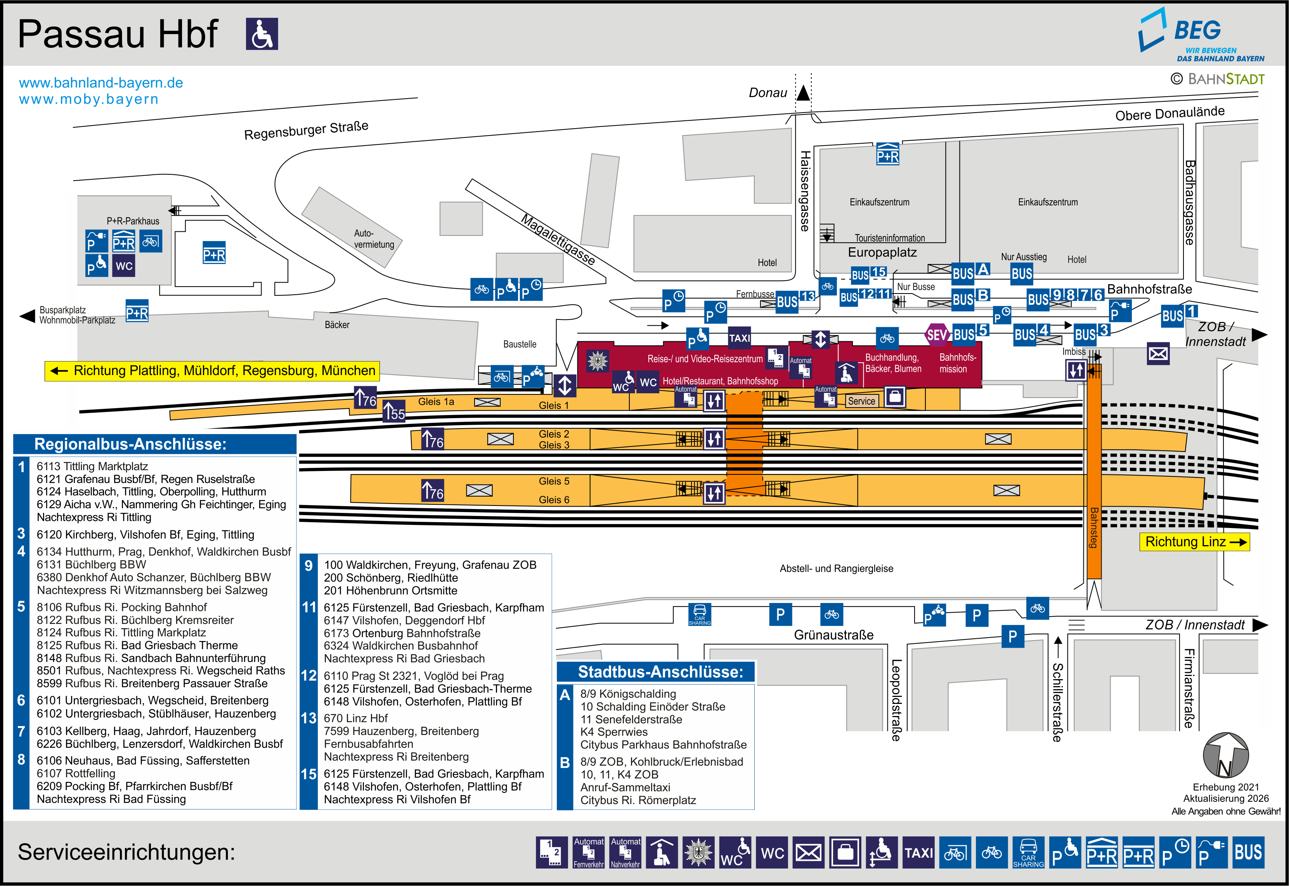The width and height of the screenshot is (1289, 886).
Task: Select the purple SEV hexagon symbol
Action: pyautogui.click(x=936, y=335)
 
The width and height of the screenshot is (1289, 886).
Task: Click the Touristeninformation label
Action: pyautogui.click(x=890, y=238)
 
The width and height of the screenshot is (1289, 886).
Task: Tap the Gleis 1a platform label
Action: pyautogui.click(x=436, y=401)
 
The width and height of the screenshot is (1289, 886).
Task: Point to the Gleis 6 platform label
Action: pyautogui.click(x=554, y=500)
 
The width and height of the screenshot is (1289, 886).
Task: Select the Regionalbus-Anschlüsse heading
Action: pyautogui.click(x=130, y=444)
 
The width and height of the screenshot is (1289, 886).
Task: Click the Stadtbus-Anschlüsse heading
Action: pyautogui.click(x=660, y=672)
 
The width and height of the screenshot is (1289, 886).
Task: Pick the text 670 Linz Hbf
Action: pyautogui.click(x=355, y=718)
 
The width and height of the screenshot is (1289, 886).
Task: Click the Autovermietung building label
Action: pyautogui.click(x=374, y=239)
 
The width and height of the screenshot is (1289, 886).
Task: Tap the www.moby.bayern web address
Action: pyautogui.click(x=89, y=99)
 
